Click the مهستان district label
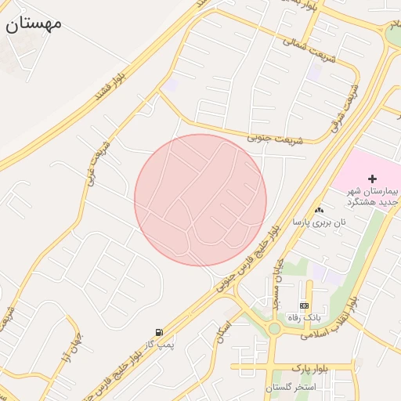34,23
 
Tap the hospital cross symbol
372,179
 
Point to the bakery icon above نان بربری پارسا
318,210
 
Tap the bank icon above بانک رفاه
304,305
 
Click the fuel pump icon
160,333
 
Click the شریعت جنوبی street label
269,138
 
